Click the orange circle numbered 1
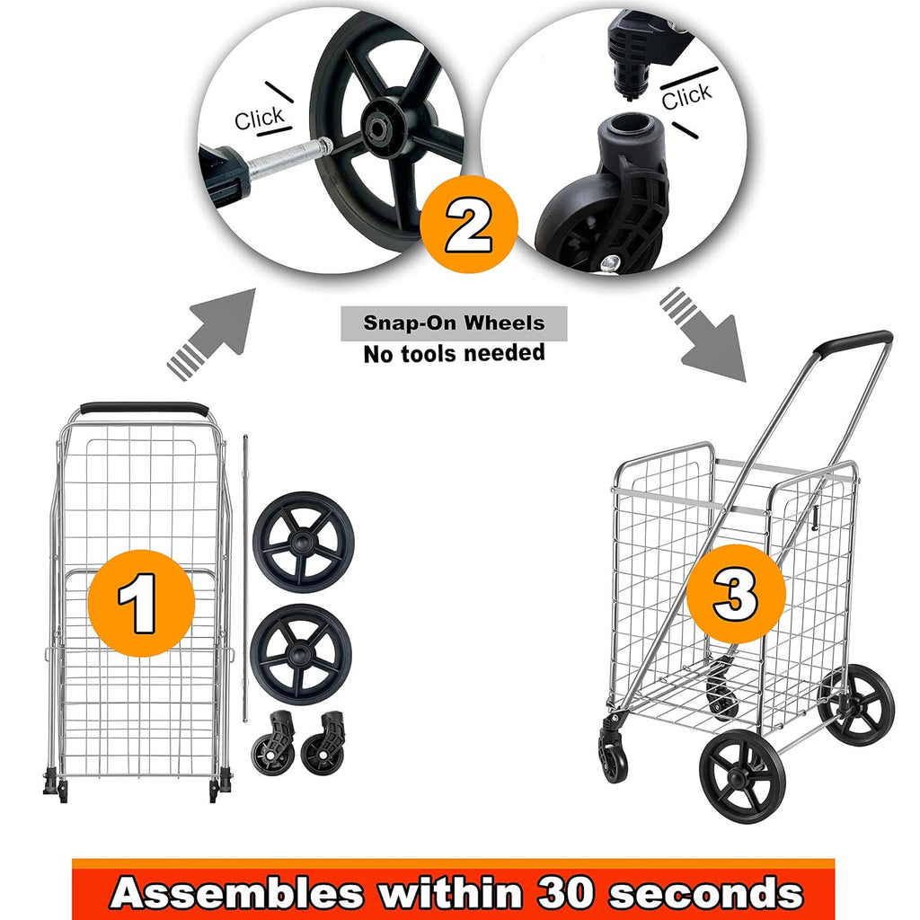coord(141,603)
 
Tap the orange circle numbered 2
coord(469,224)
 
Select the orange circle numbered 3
coord(736,594)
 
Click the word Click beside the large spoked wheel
coord(259,119)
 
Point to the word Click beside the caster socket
coord(686,96)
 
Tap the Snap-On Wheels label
coord(454,323)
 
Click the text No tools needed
coord(454,353)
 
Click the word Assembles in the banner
coord(236,892)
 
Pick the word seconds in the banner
coord(706,893)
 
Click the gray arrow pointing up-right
coord(212,334)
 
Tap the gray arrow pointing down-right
coord(703,334)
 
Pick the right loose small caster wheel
coord(323,743)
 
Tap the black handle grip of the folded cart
coord(144,408)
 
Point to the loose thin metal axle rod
coord(245,578)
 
